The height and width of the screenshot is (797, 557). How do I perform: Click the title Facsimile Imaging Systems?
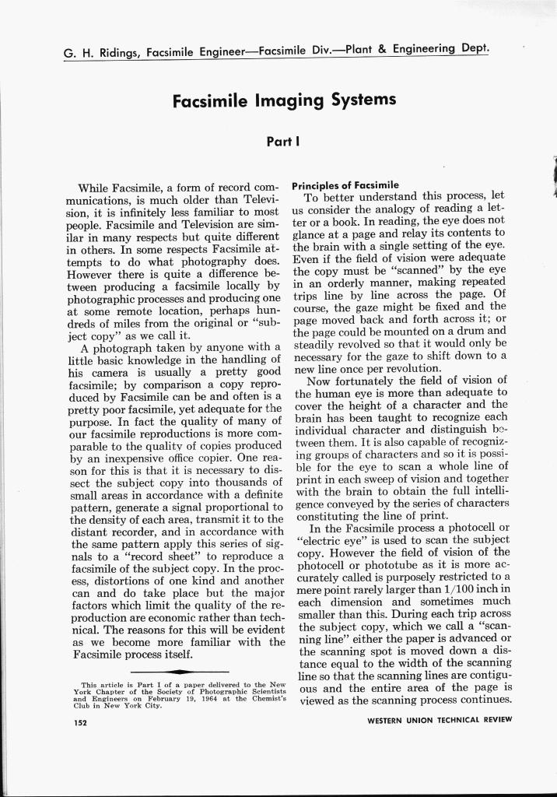point(284,100)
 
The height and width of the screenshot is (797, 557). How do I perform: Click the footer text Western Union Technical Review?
point(440,719)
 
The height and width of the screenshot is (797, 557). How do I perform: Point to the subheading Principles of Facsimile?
point(345,185)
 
